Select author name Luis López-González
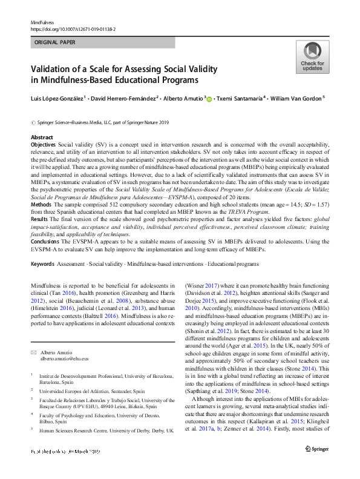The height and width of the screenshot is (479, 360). [x=59, y=98]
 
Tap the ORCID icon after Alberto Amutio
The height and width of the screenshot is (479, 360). [x=209, y=99]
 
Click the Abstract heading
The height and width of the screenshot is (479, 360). [x=42, y=137]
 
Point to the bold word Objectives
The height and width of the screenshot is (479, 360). [x=43, y=146]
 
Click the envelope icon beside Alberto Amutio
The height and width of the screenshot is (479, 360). [x=34, y=352]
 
